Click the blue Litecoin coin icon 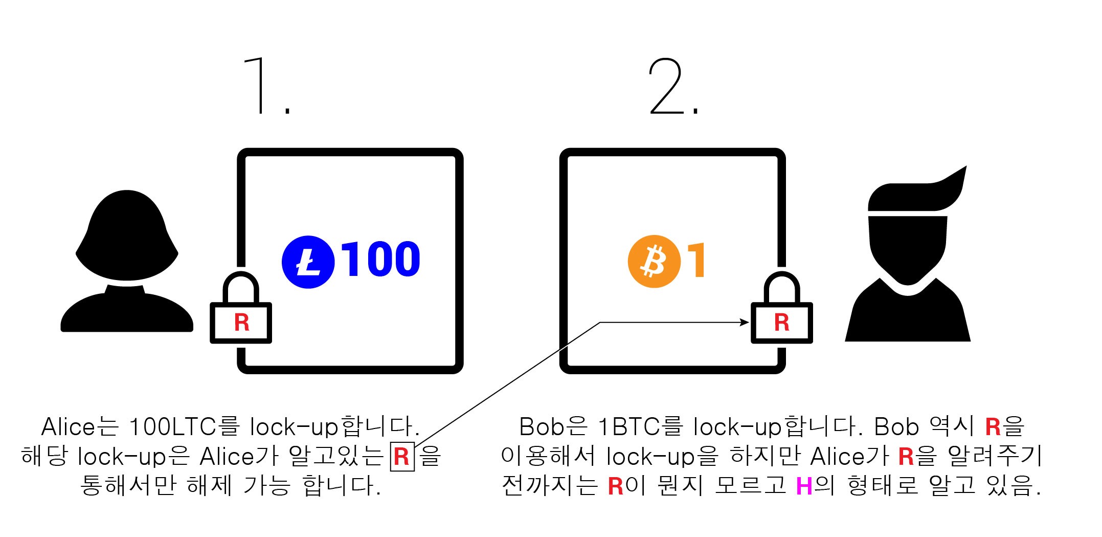(308, 262)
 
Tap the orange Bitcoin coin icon (654, 261)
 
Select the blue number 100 (380, 259)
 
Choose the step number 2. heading (672, 86)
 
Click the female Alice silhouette (127, 261)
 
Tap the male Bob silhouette (908, 261)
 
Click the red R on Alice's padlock (241, 323)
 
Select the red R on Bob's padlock (781, 323)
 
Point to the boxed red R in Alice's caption (402, 456)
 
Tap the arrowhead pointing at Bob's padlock (745, 323)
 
